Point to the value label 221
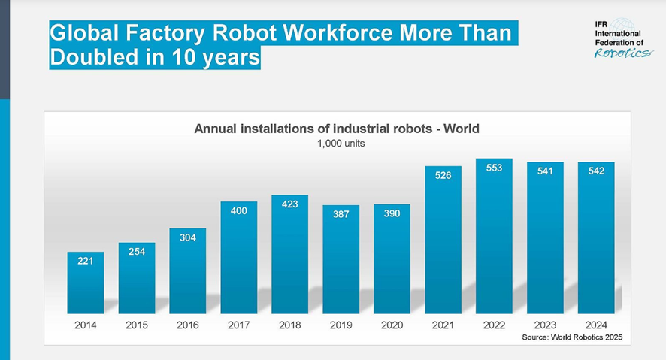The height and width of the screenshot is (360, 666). tap(86, 262)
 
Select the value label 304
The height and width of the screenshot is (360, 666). tap(188, 238)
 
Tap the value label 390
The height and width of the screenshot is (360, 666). tap(392, 214)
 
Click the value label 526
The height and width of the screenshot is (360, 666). tap(443, 175)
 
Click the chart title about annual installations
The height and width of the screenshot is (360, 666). tap(337, 129)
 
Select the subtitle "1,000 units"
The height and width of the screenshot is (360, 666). tap(337, 143)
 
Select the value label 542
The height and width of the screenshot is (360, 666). tap(596, 171)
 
